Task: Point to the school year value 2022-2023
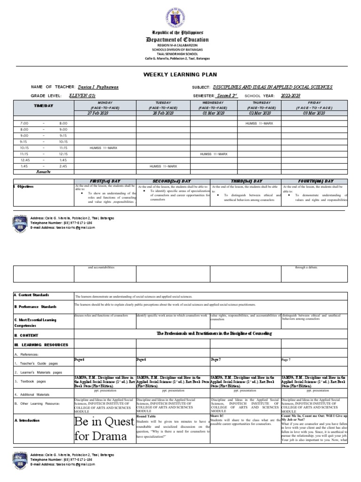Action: click(x=291, y=96)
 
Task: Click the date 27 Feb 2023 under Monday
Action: click(x=105, y=113)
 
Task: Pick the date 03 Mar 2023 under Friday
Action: click(x=314, y=113)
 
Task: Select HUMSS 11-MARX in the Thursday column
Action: click(x=259, y=123)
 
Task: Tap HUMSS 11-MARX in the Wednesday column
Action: click(x=214, y=154)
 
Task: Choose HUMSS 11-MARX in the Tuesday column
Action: click(x=164, y=166)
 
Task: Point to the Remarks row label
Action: click(x=43, y=172)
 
